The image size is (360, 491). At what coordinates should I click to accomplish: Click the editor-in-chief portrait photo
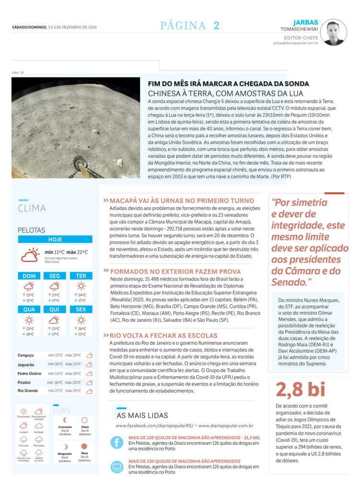tap(334, 32)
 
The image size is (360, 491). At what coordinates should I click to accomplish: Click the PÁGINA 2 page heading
tap(190, 26)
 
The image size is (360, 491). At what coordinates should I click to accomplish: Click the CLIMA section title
tap(32, 208)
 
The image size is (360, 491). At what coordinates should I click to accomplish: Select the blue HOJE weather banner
tap(55, 239)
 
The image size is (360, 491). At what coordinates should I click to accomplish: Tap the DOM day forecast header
tap(29, 276)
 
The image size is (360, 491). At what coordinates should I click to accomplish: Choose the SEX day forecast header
tap(81, 309)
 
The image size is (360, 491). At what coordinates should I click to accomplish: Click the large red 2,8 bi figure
tap(301, 389)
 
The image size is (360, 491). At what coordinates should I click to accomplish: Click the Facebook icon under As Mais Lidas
tap(117, 442)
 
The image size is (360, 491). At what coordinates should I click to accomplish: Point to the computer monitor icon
tap(117, 467)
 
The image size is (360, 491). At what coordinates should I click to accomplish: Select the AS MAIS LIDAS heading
tap(142, 415)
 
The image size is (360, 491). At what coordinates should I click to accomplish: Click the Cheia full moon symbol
tap(84, 420)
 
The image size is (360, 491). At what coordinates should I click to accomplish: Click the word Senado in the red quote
tap(290, 282)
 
